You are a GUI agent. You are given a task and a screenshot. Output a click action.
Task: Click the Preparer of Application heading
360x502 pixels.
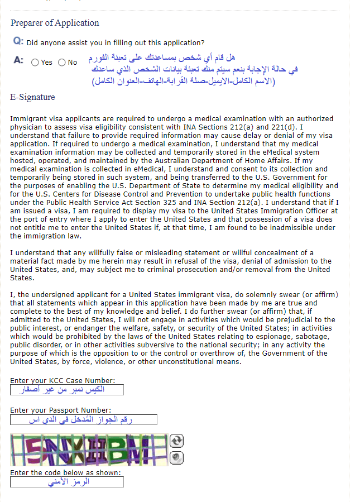[55, 23]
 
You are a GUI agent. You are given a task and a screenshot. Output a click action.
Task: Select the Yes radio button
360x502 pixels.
[36, 63]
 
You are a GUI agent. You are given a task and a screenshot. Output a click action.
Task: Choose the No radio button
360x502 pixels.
[61, 63]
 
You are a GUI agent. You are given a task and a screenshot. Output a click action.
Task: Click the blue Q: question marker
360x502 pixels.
[18, 42]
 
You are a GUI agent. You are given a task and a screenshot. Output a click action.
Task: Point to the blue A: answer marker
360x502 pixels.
[18, 60]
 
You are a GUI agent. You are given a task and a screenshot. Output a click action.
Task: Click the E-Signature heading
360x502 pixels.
[32, 97]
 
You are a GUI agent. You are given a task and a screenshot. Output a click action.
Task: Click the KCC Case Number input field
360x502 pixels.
[66, 390]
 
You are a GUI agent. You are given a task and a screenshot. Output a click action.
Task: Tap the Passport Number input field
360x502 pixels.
[83, 419]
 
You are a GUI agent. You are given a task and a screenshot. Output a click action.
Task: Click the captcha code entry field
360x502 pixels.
[66, 481]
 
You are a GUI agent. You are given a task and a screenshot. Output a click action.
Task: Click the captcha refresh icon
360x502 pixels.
[176, 441]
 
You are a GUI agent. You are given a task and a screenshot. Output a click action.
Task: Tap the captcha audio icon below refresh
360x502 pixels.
[176, 457]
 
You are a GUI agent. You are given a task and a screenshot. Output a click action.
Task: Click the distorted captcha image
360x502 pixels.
[89, 450]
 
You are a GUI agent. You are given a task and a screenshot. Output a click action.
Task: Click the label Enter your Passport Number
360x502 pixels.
[60, 410]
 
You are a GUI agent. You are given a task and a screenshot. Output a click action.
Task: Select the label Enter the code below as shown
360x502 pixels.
[65, 472]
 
